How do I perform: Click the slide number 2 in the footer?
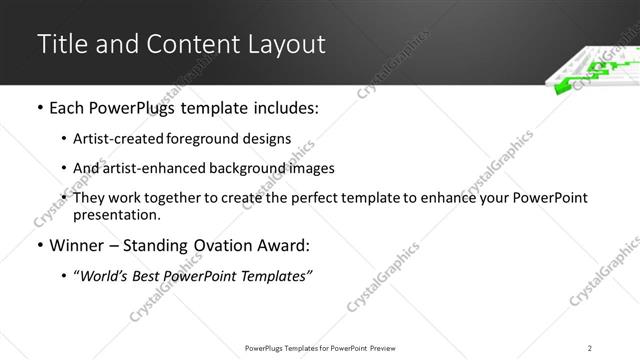(x=590, y=347)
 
